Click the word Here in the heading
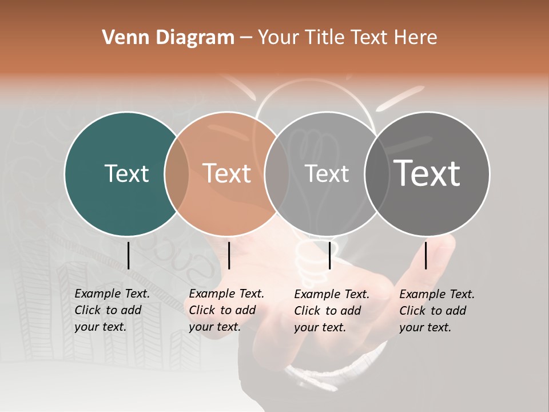coord(416,38)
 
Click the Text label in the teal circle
coord(126,173)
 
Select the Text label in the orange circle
coord(227,173)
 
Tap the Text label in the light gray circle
coord(327,173)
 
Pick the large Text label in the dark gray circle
coord(427,173)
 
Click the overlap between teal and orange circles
coord(177,173)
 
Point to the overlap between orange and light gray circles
coord(277,173)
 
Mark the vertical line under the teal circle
coord(129,255)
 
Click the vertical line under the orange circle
coord(229,255)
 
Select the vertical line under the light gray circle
coord(330,255)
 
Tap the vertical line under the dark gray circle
coord(426,255)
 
